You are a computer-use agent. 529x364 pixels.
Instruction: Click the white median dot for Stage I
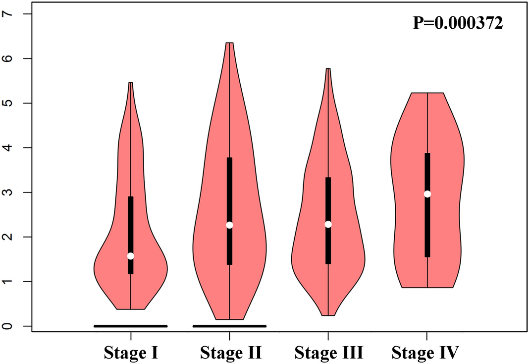131,256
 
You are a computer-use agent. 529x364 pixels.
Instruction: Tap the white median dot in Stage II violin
229,225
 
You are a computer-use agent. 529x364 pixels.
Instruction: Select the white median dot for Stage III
328,224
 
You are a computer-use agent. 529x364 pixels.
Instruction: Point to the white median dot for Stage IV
427,194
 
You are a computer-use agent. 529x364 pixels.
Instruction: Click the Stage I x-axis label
131,353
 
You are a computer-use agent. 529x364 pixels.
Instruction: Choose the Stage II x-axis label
230,353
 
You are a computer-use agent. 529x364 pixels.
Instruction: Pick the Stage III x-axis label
329,353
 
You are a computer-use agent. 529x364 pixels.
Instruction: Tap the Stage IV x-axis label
425,353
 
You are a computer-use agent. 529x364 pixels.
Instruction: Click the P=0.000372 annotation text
458,23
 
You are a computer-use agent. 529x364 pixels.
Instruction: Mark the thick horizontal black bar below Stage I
131,326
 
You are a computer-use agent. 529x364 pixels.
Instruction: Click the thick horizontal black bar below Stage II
229,326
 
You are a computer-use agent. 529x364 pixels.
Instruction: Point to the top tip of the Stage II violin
229,43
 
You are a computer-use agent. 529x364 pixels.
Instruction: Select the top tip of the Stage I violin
131,83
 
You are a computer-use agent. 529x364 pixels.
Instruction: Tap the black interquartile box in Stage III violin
328,198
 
